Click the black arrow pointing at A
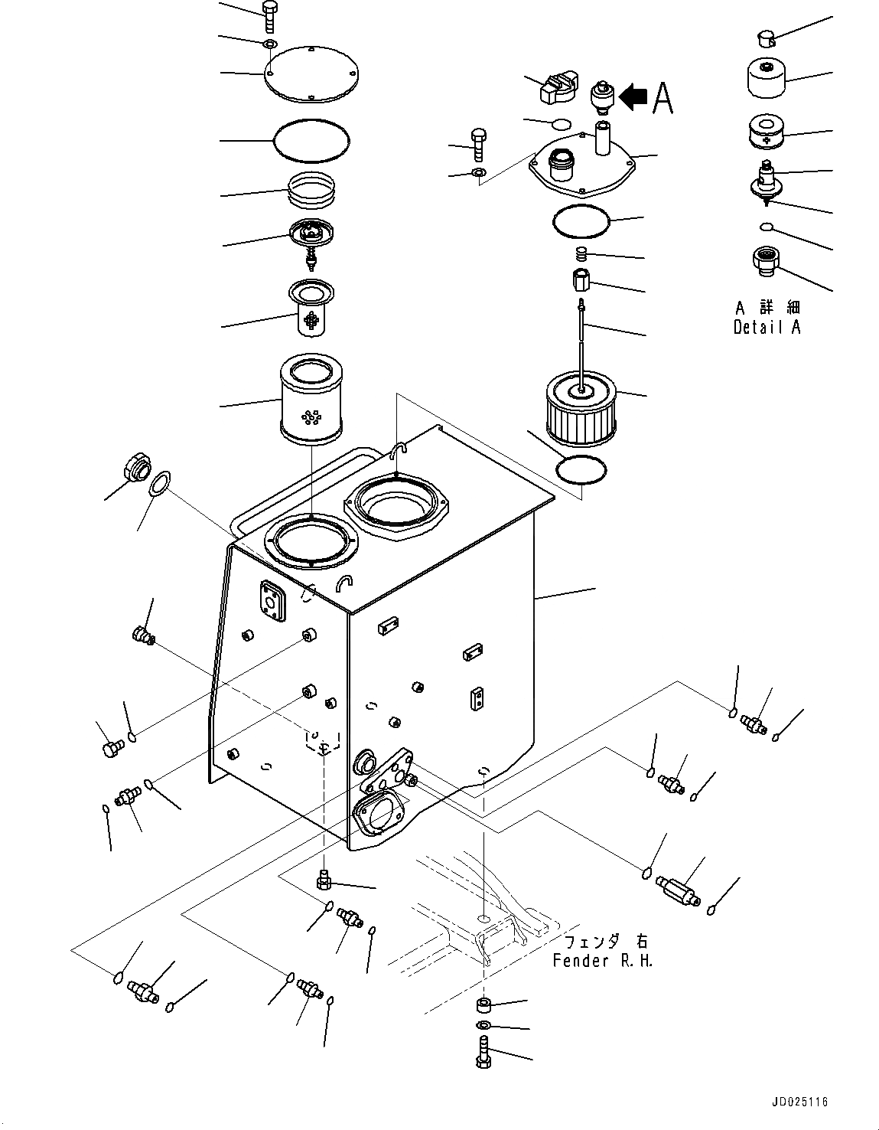pos(633,97)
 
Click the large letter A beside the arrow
pos(663,98)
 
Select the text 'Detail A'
pos(767,328)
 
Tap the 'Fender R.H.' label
pos(603,961)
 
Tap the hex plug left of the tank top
pos(135,467)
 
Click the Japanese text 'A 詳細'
pos(767,308)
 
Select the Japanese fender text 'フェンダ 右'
pos(605,942)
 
